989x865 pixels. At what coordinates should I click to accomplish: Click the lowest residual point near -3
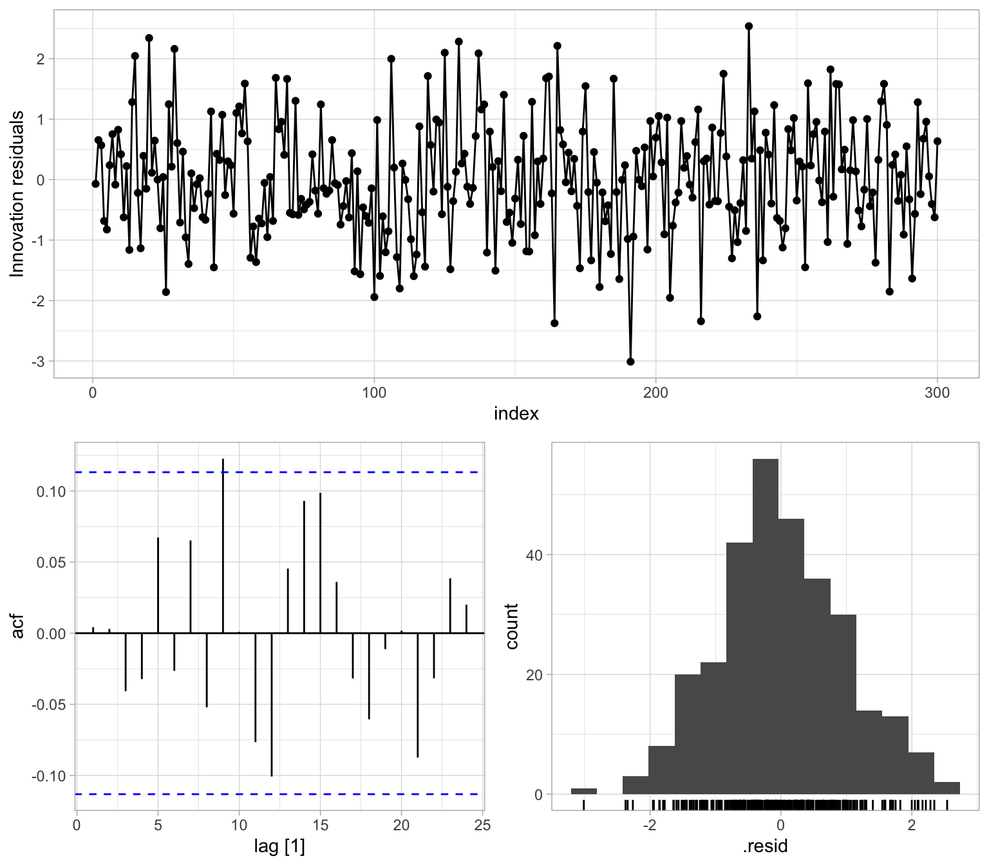pos(630,362)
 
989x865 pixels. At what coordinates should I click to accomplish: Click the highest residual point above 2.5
pos(749,26)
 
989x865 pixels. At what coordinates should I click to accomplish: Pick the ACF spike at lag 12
pos(272,705)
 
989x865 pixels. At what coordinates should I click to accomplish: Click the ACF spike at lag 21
pos(417,695)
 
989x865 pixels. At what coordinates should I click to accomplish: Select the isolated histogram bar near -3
pos(584,791)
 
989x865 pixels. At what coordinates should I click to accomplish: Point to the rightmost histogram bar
pos(947,788)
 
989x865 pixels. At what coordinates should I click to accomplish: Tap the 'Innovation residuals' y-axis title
pos(17,194)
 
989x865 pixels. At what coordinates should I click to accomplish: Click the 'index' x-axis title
pos(516,414)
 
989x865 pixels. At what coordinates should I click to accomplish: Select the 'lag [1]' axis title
pos(279,846)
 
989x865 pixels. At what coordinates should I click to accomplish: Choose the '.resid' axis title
pos(766,846)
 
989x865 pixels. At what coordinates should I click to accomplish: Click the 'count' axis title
pos(513,626)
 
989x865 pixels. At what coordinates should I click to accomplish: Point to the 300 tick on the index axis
pos(937,393)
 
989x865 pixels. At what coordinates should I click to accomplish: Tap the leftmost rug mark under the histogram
pos(583,805)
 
